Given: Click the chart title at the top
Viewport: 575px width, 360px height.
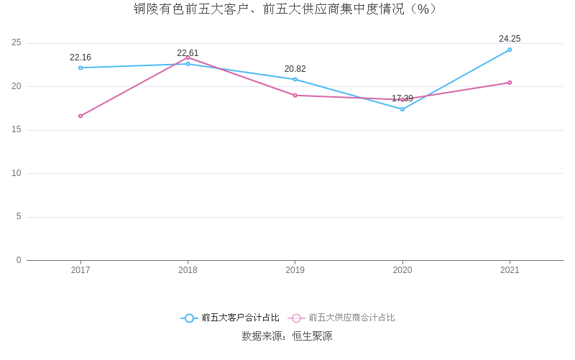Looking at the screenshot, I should coord(287,9).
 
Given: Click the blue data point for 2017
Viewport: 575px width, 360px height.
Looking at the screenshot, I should coord(80,68).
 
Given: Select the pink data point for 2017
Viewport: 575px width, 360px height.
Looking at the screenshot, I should coord(80,116).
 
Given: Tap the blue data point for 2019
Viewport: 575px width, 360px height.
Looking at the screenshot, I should coord(295,79).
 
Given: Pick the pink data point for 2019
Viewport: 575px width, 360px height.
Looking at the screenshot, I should coord(295,95).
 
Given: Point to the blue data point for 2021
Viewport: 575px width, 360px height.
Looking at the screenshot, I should coord(510,50).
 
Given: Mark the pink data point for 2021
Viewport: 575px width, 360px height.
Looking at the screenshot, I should coord(510,83).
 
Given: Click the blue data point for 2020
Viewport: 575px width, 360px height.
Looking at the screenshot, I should coord(402,109).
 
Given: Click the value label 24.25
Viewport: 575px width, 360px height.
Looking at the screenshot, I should coord(510,39).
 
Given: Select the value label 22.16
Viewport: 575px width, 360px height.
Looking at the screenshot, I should coord(80,57).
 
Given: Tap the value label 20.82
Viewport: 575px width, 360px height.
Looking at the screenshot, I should coord(295,69).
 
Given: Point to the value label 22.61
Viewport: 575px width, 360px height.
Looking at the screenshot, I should coord(188,53).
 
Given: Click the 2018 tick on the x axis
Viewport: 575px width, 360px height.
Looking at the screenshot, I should coord(188,270).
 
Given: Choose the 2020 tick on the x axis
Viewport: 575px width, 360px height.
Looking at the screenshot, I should coord(402,270).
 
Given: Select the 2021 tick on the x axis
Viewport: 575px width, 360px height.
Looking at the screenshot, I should coord(510,270).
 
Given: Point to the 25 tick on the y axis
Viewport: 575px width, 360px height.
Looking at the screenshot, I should coord(16,43).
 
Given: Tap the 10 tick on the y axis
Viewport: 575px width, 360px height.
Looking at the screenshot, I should coord(16,173).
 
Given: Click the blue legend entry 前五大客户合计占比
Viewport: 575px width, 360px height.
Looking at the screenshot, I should coord(230,318).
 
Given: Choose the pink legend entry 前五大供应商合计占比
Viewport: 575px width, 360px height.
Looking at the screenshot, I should coord(342,318).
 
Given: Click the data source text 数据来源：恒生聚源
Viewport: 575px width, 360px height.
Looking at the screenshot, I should coord(287,336).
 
